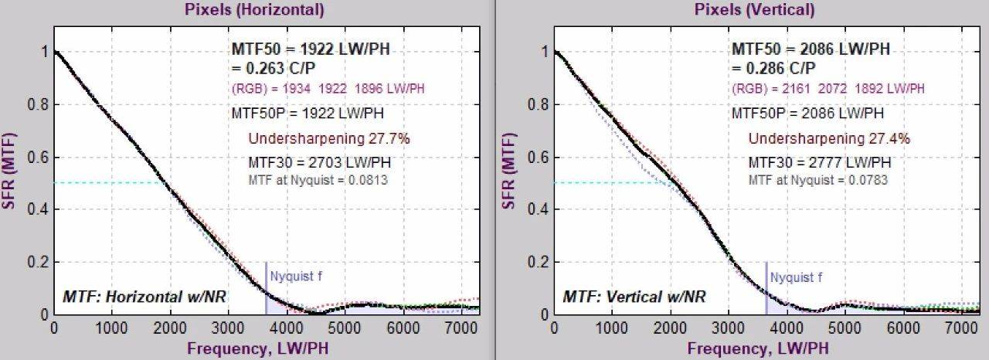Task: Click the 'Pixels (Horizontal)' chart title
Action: click(253, 10)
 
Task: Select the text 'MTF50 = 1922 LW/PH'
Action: click(311, 49)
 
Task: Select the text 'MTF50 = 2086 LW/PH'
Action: click(811, 49)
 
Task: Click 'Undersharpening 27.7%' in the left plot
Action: click(328, 139)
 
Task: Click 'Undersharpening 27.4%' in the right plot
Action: click(829, 139)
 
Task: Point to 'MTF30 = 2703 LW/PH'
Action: click(319, 163)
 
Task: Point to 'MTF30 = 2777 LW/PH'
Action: click(820, 163)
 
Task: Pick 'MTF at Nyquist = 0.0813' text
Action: click(318, 180)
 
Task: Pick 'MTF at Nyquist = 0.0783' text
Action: click(818, 180)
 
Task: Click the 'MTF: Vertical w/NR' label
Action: click(634, 296)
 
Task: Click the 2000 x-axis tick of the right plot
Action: click(671, 328)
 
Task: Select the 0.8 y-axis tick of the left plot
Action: click(37, 104)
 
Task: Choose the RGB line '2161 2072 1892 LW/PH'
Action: click(828, 89)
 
